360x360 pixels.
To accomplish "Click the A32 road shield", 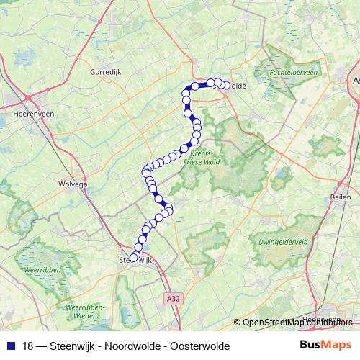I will pos(171,296).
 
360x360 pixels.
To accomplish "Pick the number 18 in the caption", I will pos(28,346).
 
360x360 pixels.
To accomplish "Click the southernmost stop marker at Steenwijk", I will pos(133,258).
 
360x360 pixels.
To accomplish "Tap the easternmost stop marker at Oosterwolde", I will pos(226,86).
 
